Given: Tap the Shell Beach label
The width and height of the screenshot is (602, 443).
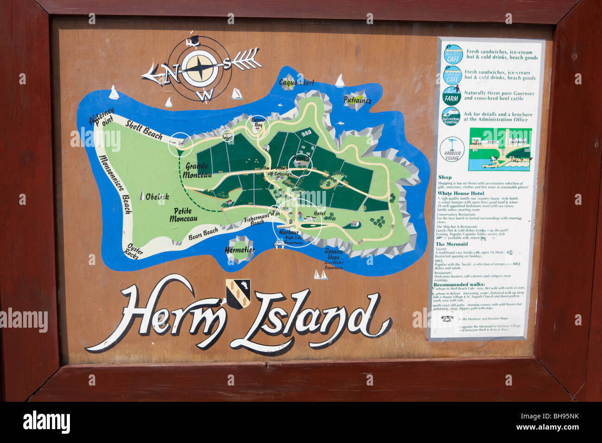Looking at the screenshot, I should (x=144, y=130).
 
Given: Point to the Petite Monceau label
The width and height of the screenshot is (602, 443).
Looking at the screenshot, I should (x=183, y=215).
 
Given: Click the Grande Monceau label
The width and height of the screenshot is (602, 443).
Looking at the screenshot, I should (x=197, y=170).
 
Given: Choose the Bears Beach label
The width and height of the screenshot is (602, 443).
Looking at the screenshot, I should (x=203, y=234).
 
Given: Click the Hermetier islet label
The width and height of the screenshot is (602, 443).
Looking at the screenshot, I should (x=239, y=250).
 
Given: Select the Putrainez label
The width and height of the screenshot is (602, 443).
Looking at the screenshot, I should (x=357, y=100).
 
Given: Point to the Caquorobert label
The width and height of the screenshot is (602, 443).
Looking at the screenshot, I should (x=296, y=82).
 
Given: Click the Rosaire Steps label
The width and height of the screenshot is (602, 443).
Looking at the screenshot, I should (x=333, y=254).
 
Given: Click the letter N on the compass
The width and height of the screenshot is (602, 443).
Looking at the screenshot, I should (x=172, y=71).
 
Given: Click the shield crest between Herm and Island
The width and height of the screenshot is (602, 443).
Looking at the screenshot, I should (x=238, y=294).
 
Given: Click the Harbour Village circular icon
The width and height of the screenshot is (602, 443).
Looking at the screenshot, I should (x=452, y=149).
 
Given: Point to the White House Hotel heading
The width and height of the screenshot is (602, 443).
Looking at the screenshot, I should (x=461, y=193).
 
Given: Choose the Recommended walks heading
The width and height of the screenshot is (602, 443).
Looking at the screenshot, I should (x=459, y=285).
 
